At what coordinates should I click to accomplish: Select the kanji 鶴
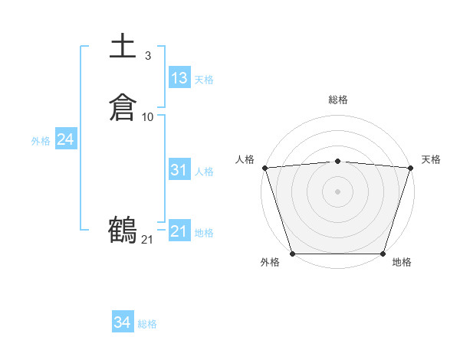(123, 230)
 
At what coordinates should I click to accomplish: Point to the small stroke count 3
(147, 55)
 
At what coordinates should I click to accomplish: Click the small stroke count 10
(148, 116)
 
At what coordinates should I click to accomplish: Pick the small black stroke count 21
(147, 240)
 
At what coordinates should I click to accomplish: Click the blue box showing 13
(179, 78)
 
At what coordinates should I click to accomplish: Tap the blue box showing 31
(179, 170)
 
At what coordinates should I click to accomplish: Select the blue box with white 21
(179, 231)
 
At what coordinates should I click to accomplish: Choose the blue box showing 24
(65, 139)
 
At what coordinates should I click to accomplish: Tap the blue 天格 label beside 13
(203, 80)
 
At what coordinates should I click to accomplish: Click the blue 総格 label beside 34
(147, 324)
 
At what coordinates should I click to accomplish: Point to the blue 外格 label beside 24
(41, 141)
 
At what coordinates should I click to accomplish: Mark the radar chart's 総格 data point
(337, 161)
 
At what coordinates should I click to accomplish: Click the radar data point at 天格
(410, 168)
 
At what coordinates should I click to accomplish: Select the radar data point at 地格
(383, 254)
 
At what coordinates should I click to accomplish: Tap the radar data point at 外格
(292, 254)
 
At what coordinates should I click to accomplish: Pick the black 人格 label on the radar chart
(245, 159)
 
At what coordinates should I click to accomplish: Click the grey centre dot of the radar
(337, 191)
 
